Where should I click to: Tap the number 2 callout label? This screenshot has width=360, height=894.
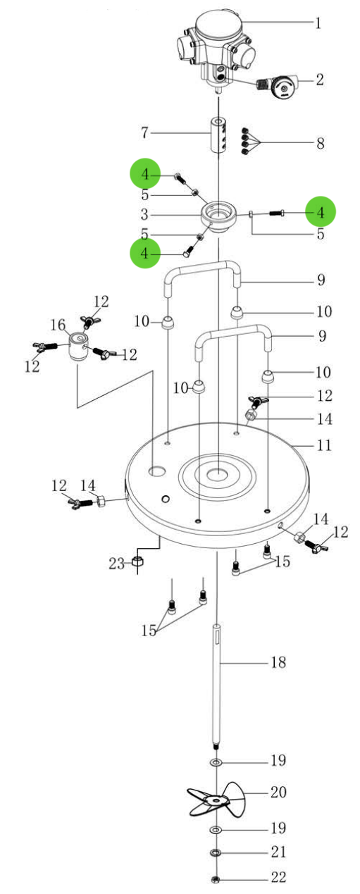click(x=319, y=79)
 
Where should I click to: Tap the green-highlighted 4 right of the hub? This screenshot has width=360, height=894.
click(x=321, y=211)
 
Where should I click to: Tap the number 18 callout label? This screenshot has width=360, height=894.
click(x=279, y=662)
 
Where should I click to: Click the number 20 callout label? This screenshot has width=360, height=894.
click(x=278, y=792)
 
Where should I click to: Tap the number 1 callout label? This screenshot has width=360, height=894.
click(x=318, y=23)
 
